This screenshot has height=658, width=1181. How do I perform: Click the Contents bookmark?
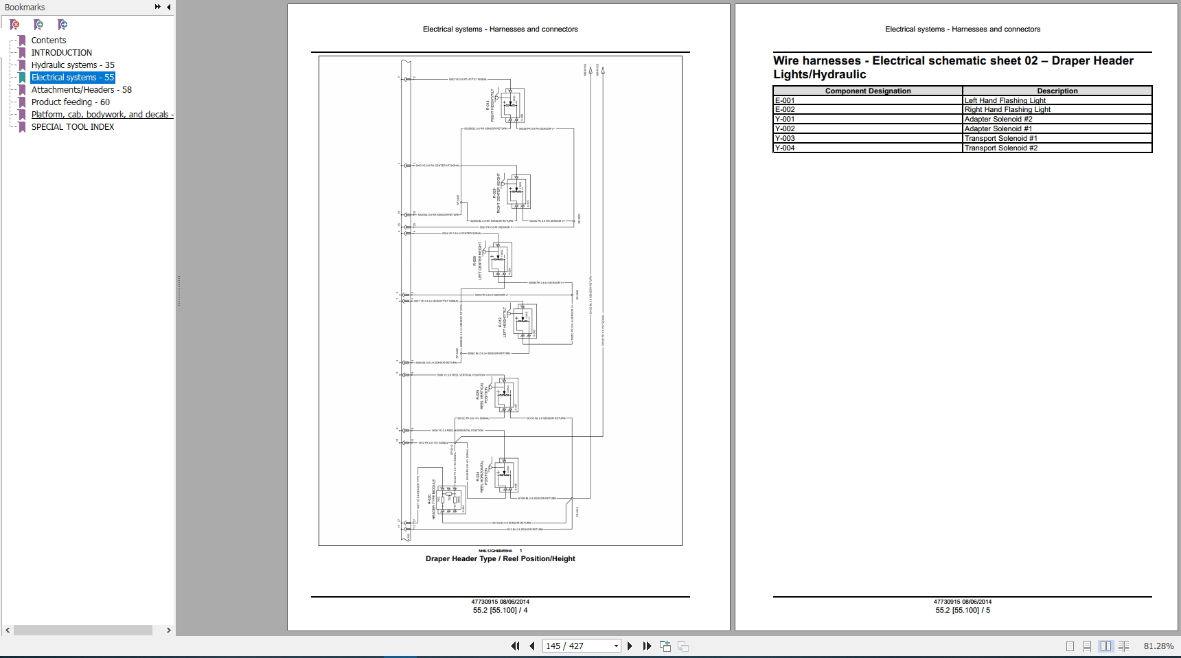48,41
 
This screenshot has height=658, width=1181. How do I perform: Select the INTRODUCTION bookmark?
61,53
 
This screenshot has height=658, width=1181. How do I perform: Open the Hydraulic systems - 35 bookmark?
73,65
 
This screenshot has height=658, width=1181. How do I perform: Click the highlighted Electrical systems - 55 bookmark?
72,78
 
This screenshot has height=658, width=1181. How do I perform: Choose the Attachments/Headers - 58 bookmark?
81,90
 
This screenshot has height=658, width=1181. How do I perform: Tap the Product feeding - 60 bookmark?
70,102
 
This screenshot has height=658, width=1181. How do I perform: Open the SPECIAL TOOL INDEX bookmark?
73,127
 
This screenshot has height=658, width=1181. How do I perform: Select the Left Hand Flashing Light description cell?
1005,100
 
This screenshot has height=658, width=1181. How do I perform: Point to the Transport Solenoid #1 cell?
1000,138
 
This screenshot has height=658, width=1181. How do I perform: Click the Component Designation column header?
868,91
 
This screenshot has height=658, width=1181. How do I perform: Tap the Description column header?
1057,91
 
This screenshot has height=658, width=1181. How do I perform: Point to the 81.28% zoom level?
1158,646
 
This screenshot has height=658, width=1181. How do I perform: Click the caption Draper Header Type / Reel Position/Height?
500,558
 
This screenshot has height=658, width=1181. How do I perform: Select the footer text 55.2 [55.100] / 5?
962,610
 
